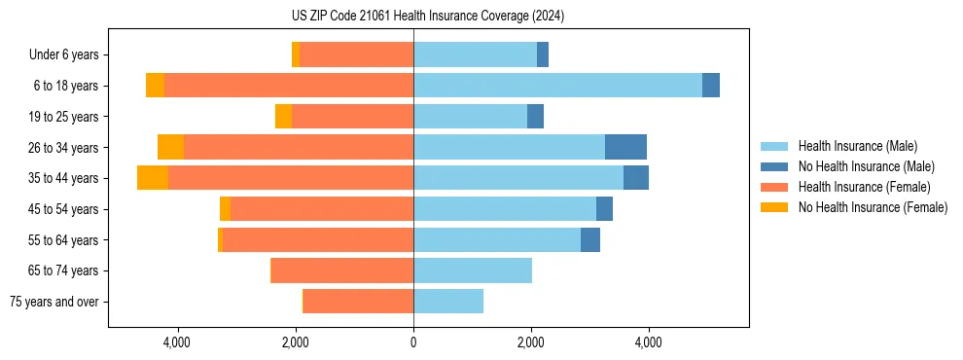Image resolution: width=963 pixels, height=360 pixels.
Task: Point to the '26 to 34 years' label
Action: point(64,147)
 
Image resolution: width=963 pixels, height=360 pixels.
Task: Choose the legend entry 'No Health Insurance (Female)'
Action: point(873,207)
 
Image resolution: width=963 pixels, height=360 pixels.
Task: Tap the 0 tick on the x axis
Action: point(413,342)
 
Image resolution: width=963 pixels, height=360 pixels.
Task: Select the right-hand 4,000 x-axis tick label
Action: point(648,342)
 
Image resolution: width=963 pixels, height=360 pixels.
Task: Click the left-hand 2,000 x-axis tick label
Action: point(296,342)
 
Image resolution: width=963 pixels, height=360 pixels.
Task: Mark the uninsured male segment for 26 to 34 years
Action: point(625,147)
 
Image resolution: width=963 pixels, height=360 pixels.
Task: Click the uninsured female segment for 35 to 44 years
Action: point(153,178)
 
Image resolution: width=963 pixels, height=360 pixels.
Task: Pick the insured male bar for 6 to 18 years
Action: point(557,86)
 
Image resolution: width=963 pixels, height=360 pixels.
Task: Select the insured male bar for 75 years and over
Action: point(448,302)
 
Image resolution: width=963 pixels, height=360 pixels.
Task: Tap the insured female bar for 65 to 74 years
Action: point(342,270)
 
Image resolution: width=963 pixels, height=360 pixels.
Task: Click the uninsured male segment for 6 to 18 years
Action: point(711,86)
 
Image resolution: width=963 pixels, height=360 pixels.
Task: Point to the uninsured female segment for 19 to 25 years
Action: point(283,117)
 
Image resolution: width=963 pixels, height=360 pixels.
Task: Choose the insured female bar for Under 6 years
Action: point(357,54)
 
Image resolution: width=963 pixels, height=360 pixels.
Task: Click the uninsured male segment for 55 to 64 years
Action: point(590,239)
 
